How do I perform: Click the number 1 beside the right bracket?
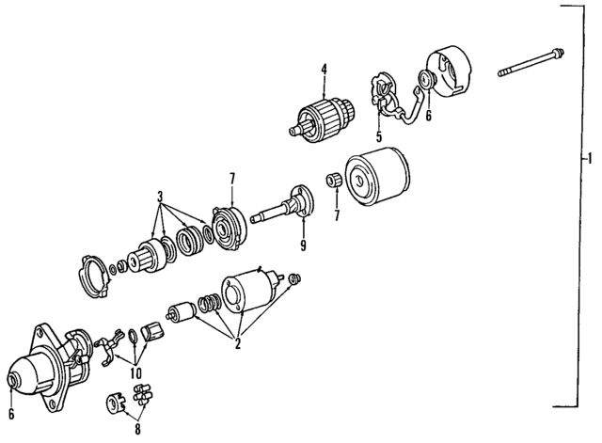tap(590, 157)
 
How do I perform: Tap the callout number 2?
tap(239, 344)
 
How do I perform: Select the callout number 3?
tap(161, 198)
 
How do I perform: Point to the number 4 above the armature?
tap(323, 70)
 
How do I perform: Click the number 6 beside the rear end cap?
tap(428, 117)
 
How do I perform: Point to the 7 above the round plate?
tap(230, 177)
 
